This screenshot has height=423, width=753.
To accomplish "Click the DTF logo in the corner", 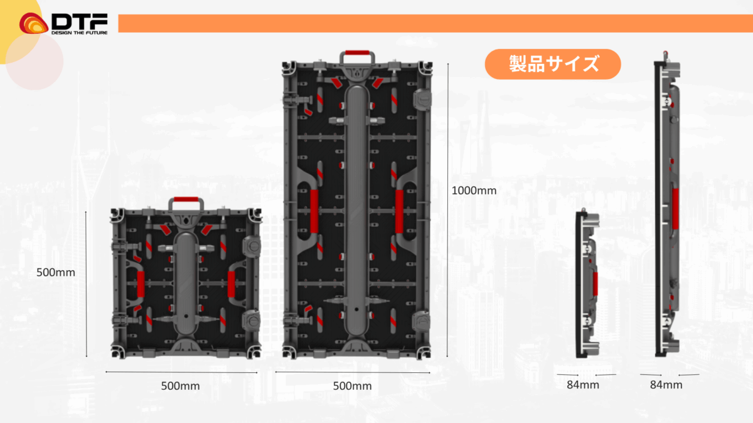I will (x=63, y=23).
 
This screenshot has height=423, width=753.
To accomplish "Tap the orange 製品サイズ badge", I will (x=553, y=64).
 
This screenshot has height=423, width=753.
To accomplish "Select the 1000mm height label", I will (x=474, y=191).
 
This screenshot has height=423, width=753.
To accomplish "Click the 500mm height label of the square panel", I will (x=56, y=273).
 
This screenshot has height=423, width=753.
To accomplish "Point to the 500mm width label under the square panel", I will (x=180, y=386).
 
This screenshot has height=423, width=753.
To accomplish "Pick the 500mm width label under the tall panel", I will (x=352, y=386).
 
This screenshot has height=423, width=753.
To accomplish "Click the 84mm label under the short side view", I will (x=583, y=385).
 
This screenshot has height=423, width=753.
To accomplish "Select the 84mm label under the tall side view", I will (x=666, y=385).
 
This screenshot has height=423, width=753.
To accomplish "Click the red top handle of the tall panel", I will (x=356, y=52).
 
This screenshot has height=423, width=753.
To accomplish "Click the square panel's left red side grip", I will (x=141, y=284).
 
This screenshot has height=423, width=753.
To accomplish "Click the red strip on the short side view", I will (x=595, y=284).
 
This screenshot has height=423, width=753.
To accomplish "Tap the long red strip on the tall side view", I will (x=675, y=208).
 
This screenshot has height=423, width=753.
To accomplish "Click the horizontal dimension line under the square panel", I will (x=181, y=373).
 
